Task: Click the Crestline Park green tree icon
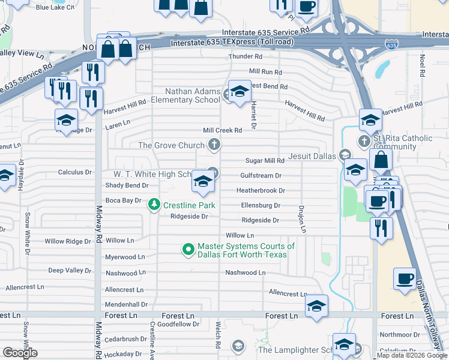[x=154, y=205]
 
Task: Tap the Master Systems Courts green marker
[x=188, y=248]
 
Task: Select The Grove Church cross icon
[x=214, y=145]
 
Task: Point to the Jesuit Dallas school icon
[x=345, y=155]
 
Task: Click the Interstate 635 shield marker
[x=391, y=44]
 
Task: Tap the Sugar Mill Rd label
[x=265, y=161]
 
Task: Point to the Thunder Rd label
[x=246, y=57]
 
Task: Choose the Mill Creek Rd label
[x=222, y=130]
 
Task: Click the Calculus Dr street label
[x=74, y=172]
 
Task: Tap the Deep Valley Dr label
[x=70, y=271]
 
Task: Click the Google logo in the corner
[x=19, y=353]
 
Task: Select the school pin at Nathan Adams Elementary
[x=240, y=92]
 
